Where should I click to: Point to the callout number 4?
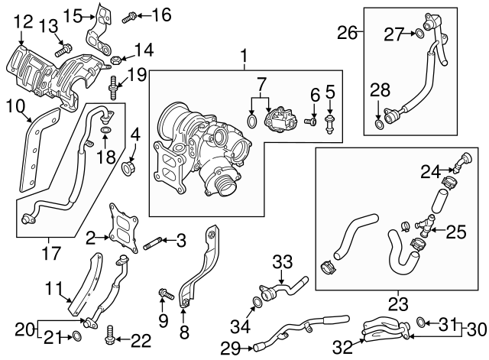pyautogui.click(x=134, y=138)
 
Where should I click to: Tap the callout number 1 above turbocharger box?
pyautogui.click(x=244, y=56)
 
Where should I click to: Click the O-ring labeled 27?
pyautogui.click(x=419, y=33)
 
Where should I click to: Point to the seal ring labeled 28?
pyautogui.click(x=380, y=122)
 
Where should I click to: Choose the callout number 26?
pyautogui.click(x=348, y=33)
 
